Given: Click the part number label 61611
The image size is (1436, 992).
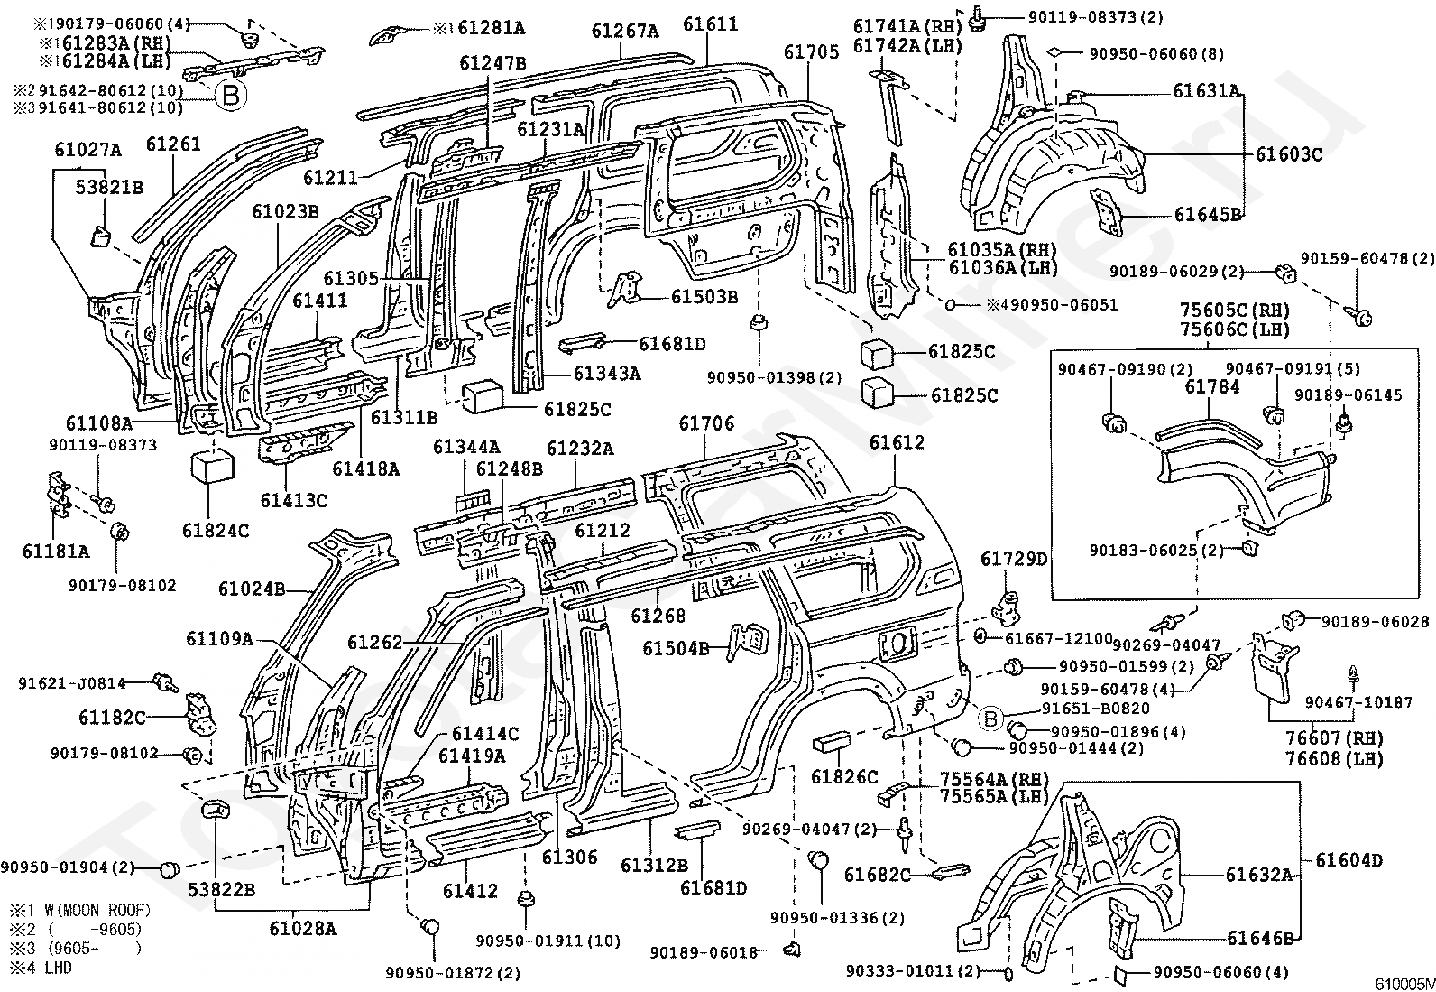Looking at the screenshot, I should tap(710, 24).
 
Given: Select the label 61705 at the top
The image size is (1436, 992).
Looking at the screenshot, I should tap(811, 52).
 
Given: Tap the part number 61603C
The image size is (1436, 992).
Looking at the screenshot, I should tap(1288, 154).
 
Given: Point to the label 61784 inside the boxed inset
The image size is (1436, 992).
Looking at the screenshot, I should tap(1212, 387).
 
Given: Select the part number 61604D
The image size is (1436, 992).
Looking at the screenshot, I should tap(1349, 860).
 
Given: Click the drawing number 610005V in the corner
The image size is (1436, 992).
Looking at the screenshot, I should tap(1404, 983).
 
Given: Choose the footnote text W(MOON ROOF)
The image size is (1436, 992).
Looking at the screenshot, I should tap(95, 910).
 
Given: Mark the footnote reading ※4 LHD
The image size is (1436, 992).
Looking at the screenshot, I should tap(41, 968).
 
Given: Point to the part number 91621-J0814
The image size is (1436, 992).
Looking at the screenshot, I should tap(72, 684).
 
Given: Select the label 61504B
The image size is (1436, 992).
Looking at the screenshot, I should tap(677, 647).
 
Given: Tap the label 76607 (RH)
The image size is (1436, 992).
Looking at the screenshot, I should tap(1326, 740).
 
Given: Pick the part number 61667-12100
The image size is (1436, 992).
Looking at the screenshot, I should tap(1053, 638).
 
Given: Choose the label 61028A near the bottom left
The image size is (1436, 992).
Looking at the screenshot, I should tap(302, 928).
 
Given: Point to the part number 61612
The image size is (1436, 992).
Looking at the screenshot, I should tap(897, 442).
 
